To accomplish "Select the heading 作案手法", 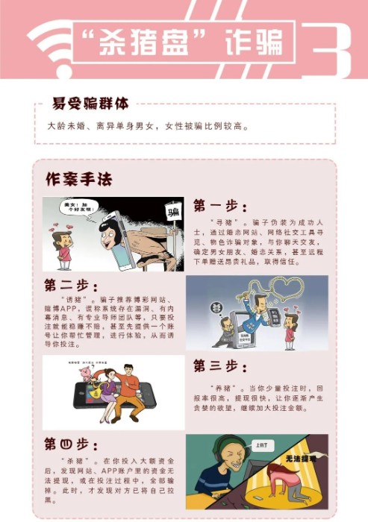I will point(78,180).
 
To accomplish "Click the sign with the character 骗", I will point(174,214).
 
